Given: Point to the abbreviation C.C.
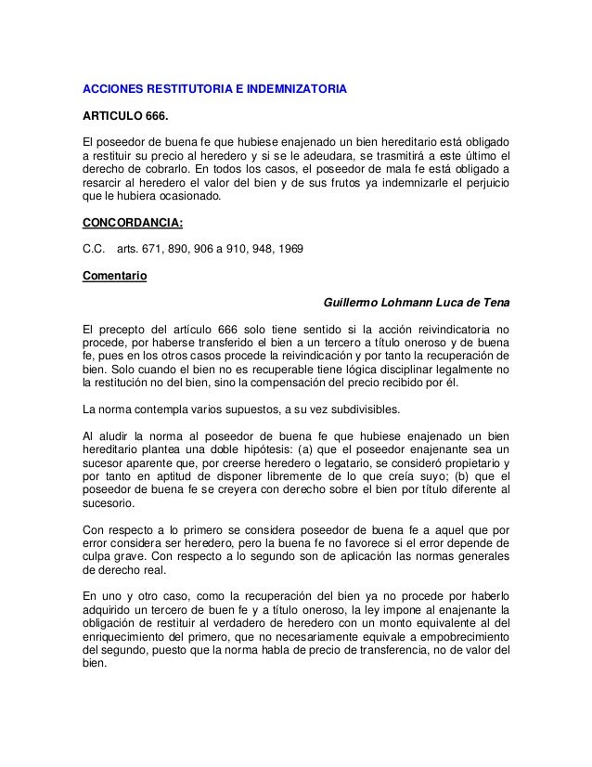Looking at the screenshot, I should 94,250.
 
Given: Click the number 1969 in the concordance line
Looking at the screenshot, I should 301,250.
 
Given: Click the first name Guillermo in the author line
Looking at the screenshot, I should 352,303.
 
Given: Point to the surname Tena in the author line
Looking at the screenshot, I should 494,303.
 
